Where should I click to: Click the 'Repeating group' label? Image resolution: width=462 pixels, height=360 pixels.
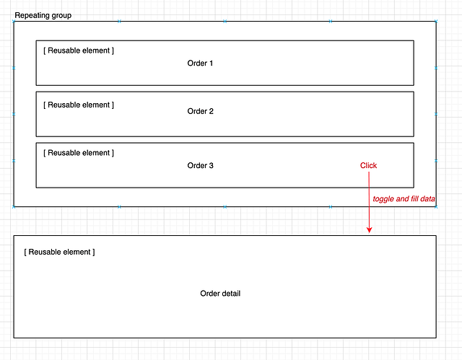43,15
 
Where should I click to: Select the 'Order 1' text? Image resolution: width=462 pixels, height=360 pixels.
200,63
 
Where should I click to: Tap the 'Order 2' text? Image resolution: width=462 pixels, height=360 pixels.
200,111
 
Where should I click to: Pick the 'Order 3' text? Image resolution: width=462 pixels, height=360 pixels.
200,166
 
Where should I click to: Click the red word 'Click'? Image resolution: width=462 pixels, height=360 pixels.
368,166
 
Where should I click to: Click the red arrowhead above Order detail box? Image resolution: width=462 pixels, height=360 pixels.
369,229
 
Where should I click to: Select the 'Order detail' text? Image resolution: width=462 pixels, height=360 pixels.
220,294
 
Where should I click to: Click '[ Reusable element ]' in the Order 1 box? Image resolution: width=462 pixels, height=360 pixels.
79,51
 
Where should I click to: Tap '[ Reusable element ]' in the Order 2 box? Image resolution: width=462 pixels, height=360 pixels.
79,105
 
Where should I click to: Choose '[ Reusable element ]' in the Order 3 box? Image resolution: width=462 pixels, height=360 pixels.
79,153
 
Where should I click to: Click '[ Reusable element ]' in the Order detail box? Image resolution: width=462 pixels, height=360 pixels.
59,253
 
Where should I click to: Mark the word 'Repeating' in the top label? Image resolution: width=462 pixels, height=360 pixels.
32,15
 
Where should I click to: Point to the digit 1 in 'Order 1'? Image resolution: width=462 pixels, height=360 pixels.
211,63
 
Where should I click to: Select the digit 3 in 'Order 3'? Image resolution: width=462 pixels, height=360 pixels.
211,166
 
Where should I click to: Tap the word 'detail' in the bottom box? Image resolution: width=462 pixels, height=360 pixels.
231,294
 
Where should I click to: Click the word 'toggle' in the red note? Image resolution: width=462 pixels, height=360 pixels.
384,198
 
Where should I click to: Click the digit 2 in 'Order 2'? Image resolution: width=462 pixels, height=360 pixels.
211,111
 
